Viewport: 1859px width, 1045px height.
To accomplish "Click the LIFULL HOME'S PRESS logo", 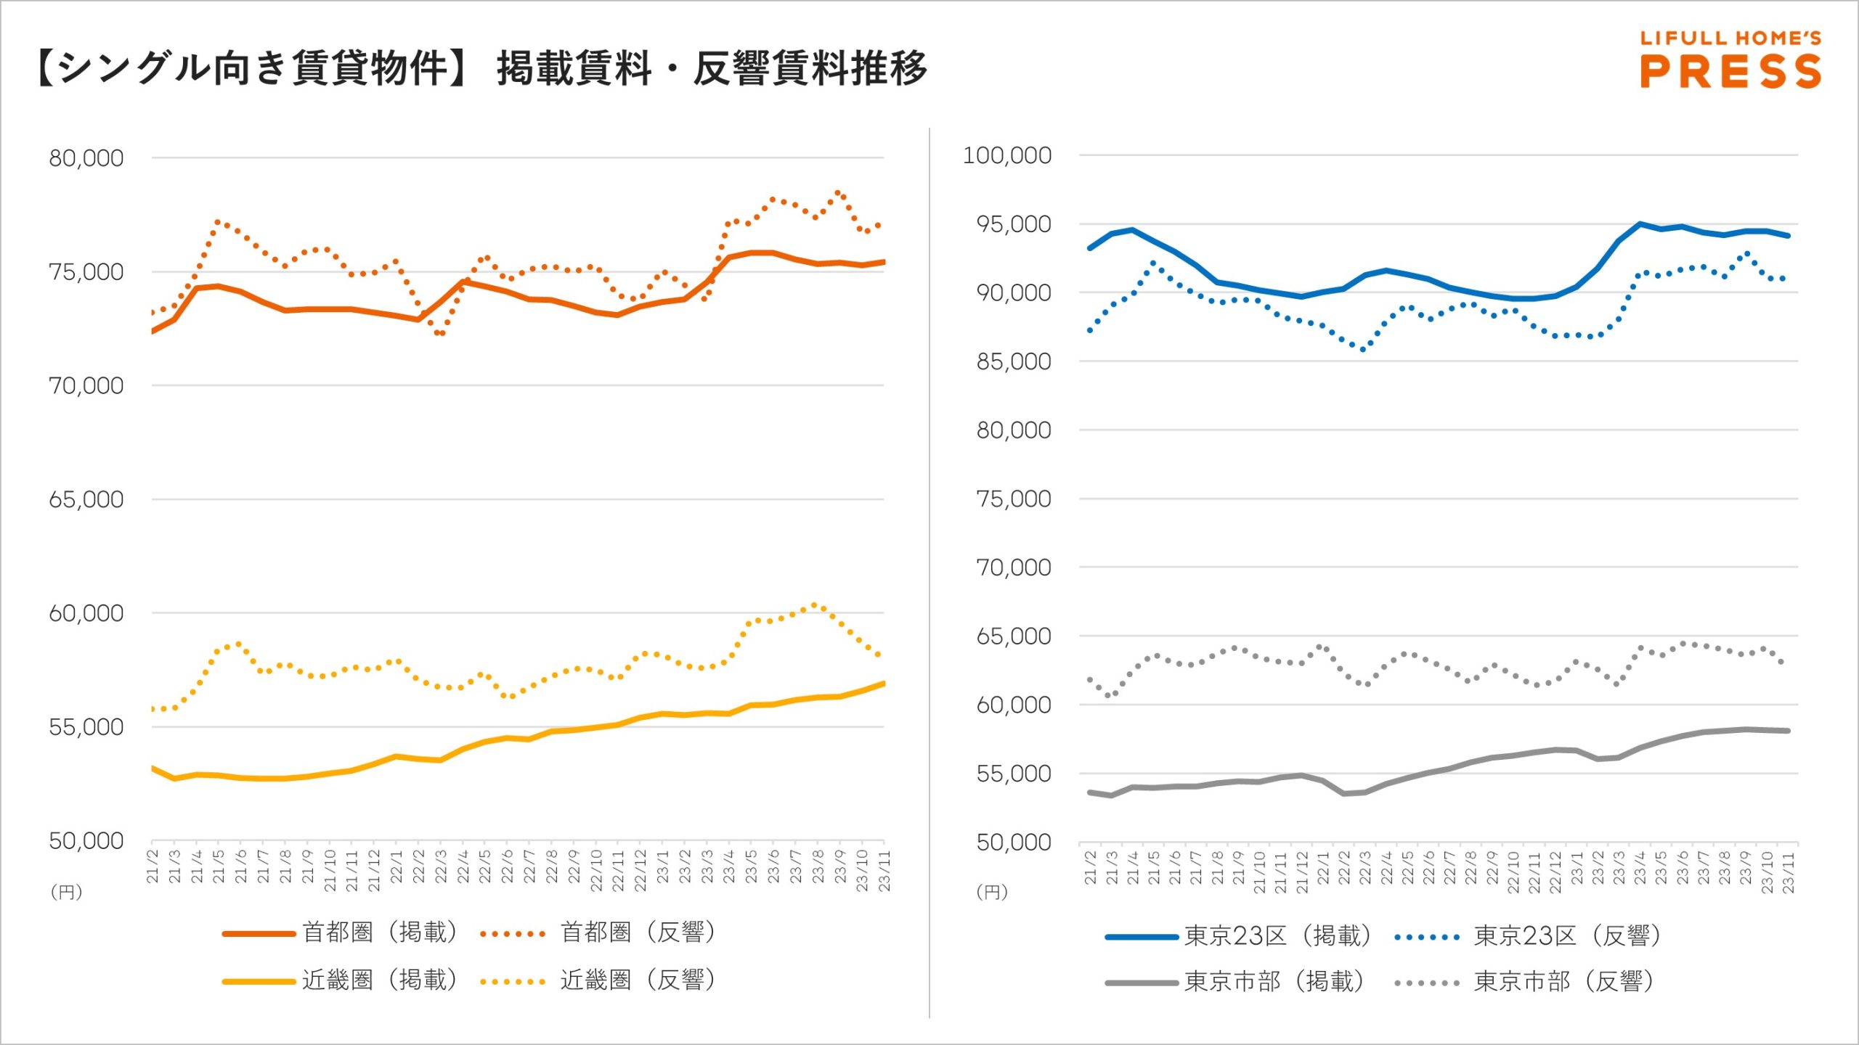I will [x=1730, y=60].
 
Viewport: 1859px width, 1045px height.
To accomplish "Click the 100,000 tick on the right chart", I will [x=1006, y=155].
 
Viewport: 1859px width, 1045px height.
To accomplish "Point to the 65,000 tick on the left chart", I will [x=86, y=499].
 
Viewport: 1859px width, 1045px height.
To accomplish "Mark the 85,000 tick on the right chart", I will [x=1014, y=361].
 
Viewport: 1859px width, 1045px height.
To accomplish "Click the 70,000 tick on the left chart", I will [x=86, y=386].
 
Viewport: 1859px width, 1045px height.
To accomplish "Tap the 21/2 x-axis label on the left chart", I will [x=152, y=866].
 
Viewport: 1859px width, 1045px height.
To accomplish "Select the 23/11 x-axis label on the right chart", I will [x=1788, y=872].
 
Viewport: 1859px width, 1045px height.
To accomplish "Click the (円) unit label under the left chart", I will [x=66, y=892].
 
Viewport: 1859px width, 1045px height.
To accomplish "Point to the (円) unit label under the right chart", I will [x=992, y=892].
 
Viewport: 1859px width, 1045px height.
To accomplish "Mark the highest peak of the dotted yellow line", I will [x=815, y=605].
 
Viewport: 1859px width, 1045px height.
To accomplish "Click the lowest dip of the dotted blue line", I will [x=1363, y=349].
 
